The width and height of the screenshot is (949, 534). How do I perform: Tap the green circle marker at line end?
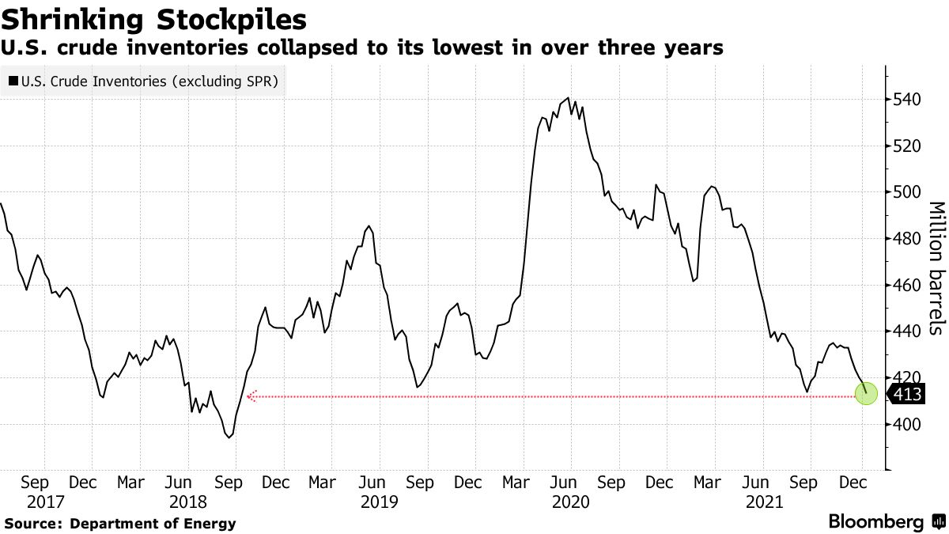867,392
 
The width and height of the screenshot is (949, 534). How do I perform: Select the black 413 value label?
907,394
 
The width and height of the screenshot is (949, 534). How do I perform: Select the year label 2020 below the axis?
571,502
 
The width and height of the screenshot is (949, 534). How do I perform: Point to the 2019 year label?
378,502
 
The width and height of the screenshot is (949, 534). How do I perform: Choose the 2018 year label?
187,502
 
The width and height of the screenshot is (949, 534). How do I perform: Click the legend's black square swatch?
13,81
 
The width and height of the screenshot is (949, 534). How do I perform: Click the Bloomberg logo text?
875,522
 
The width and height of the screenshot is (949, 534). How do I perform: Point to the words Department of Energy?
153,523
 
